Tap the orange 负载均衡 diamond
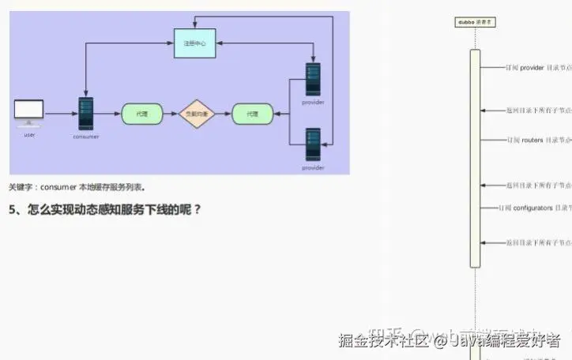pos(197,114)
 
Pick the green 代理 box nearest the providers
pos(252,114)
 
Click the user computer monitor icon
pos(29,112)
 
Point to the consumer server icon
pos(86,114)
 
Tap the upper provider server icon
pos(314,81)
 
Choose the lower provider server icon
pos(313,144)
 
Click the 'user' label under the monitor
pos(29,135)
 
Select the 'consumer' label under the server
pos(86,137)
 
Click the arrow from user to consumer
pos(61,114)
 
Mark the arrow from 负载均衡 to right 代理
pos(224,114)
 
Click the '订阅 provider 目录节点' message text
pos(538,68)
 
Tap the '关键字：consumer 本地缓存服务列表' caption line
pos(77,187)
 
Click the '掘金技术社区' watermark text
pos(382,341)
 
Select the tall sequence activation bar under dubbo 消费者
pos(475,158)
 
